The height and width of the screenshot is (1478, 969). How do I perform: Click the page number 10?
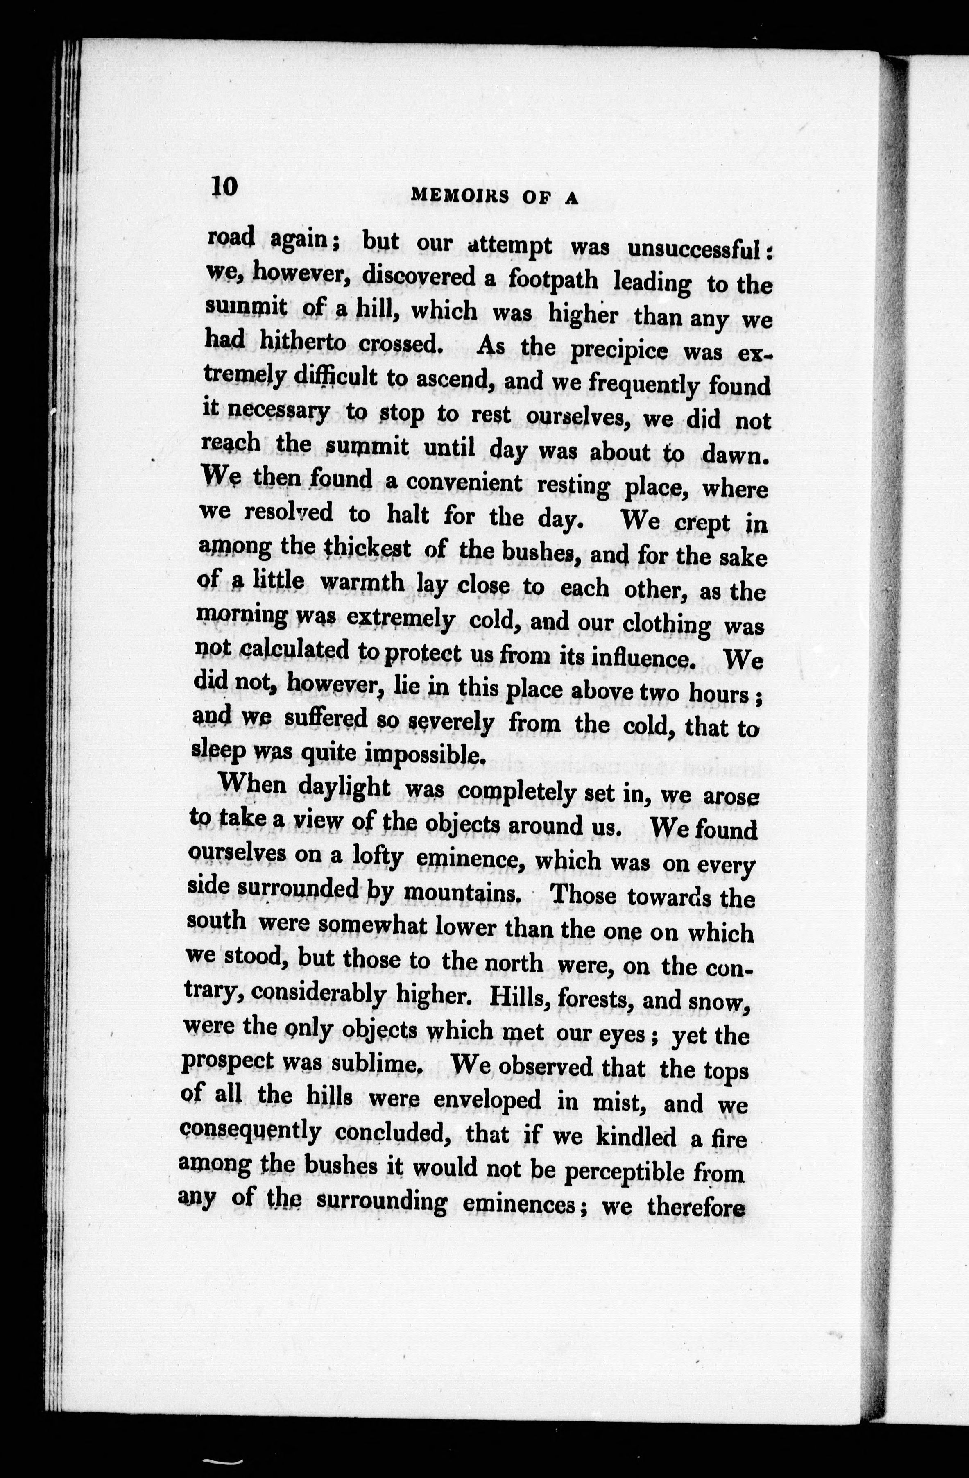(x=224, y=186)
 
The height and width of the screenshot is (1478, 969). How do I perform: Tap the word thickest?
(x=367, y=549)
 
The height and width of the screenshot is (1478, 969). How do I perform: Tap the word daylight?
(x=344, y=787)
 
